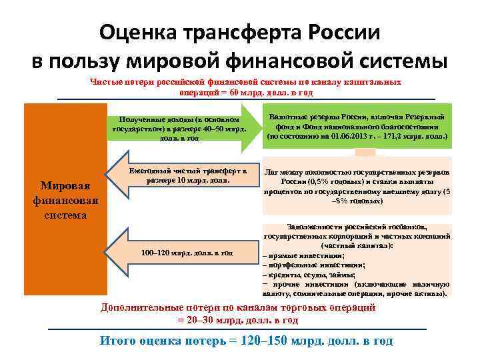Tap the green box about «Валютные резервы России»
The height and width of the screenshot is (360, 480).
357,127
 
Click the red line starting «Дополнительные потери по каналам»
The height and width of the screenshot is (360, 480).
238,308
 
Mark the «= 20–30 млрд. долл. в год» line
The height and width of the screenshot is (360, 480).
238,320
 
